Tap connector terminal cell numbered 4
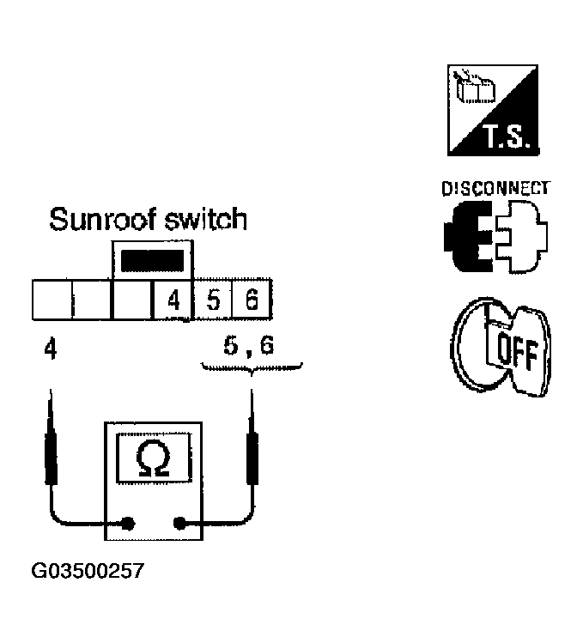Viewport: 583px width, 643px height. [x=173, y=300]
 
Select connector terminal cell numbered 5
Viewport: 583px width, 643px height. [x=213, y=300]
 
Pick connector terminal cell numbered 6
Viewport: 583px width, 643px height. [x=252, y=300]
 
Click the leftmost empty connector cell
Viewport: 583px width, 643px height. [x=51, y=300]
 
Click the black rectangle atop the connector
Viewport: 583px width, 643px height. [x=153, y=261]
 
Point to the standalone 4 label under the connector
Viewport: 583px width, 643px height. [x=49, y=350]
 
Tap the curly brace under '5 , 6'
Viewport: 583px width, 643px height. [x=252, y=370]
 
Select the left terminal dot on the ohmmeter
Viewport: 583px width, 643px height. [x=129, y=522]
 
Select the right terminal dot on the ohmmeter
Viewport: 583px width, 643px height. [x=179, y=522]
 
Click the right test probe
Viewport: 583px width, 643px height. [x=252, y=446]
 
